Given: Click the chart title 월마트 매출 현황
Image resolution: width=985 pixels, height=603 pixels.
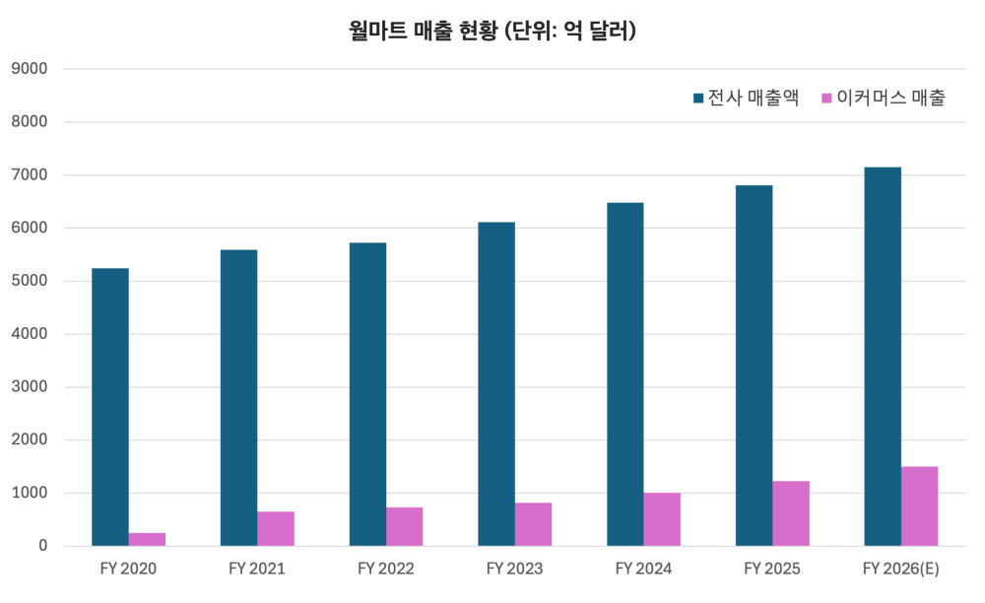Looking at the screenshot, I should pyautogui.click(x=492, y=31).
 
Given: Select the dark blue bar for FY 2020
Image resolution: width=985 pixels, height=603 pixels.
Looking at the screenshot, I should pyautogui.click(x=110, y=407).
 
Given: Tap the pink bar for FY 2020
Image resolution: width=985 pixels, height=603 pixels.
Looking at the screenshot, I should pyautogui.click(x=147, y=539).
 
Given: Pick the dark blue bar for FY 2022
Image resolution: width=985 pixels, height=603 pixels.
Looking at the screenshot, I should pyautogui.click(x=367, y=394).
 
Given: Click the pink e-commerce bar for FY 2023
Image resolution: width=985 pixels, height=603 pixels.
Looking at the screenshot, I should pyautogui.click(x=534, y=524).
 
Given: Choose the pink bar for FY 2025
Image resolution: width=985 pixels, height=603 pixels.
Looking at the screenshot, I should pyautogui.click(x=791, y=513).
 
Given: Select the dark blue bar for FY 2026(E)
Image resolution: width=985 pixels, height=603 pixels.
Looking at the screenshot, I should pyautogui.click(x=883, y=357).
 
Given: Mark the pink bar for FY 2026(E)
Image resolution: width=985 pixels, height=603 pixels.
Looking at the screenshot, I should pyautogui.click(x=920, y=506).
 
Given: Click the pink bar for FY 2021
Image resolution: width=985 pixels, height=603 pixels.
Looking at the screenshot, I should pyautogui.click(x=276, y=528).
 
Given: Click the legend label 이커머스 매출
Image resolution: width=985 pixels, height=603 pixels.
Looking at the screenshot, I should pyautogui.click(x=890, y=98).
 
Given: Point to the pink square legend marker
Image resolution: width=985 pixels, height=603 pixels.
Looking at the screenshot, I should pyautogui.click(x=826, y=98).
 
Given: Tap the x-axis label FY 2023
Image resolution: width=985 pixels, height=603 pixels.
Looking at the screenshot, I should pyautogui.click(x=514, y=569).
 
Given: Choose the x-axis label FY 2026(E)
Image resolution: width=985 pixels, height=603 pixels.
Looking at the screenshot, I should pyautogui.click(x=900, y=569).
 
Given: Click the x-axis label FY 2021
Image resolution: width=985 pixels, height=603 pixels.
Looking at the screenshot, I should pyautogui.click(x=257, y=569).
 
